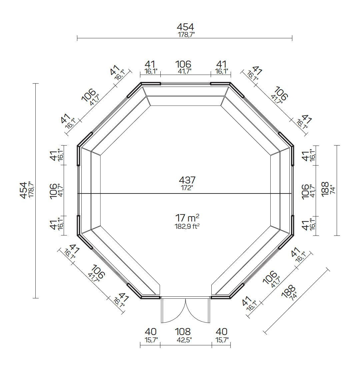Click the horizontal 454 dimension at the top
click(185, 27)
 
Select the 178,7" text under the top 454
click(185, 34)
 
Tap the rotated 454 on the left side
click(23, 190)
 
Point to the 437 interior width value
click(187, 180)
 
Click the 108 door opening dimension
click(183, 332)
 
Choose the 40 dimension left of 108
click(150, 332)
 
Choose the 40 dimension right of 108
click(221, 332)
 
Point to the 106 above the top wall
click(183, 64)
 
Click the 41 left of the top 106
click(150, 64)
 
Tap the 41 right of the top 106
click(221, 64)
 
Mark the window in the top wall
click(185, 84)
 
